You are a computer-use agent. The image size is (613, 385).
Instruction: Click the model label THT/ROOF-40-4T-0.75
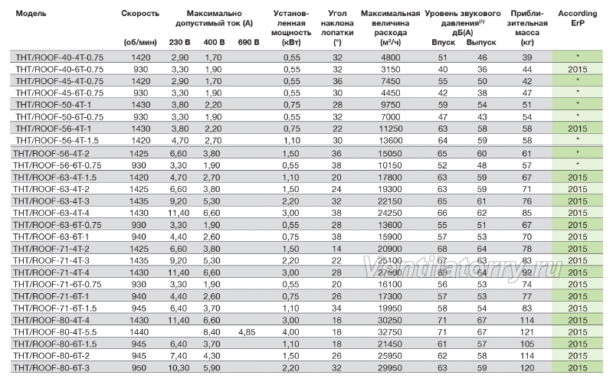pyautogui.click(x=60, y=57)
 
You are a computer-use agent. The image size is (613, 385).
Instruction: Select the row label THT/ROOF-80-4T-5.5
pyautogui.click(x=54, y=332)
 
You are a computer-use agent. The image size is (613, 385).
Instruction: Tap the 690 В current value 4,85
pyautogui.click(x=247, y=332)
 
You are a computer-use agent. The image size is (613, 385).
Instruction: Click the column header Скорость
pyautogui.click(x=140, y=14)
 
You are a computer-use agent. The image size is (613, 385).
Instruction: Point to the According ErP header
pyautogui.click(x=578, y=18)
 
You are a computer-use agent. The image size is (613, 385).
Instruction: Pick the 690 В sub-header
pyautogui.click(x=248, y=43)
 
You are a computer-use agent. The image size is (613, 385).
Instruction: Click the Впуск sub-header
pyautogui.click(x=444, y=43)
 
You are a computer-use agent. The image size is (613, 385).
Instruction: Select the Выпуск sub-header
pyautogui.click(x=481, y=43)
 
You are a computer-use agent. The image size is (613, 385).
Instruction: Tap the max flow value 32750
pyautogui.click(x=390, y=332)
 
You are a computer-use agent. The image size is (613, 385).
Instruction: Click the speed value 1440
pyautogui.click(x=139, y=332)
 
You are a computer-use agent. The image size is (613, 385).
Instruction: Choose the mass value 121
pyautogui.click(x=527, y=332)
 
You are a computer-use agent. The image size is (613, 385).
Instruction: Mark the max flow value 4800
pyautogui.click(x=391, y=57)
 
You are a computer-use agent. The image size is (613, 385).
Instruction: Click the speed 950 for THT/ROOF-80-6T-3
pyautogui.click(x=139, y=368)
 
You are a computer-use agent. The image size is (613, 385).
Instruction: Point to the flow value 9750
pyautogui.click(x=391, y=105)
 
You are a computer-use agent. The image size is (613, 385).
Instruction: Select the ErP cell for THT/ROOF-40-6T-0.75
pyautogui.click(x=578, y=70)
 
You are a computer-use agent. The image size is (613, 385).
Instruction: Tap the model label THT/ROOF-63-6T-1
pyautogui.click(x=51, y=237)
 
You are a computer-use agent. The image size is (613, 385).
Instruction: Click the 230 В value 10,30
pyautogui.click(x=179, y=368)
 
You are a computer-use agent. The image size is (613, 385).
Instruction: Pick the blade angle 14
pyautogui.click(x=336, y=249)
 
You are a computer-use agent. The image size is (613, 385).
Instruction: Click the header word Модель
pyautogui.click(x=31, y=14)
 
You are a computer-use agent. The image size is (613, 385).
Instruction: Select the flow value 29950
pyautogui.click(x=390, y=368)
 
